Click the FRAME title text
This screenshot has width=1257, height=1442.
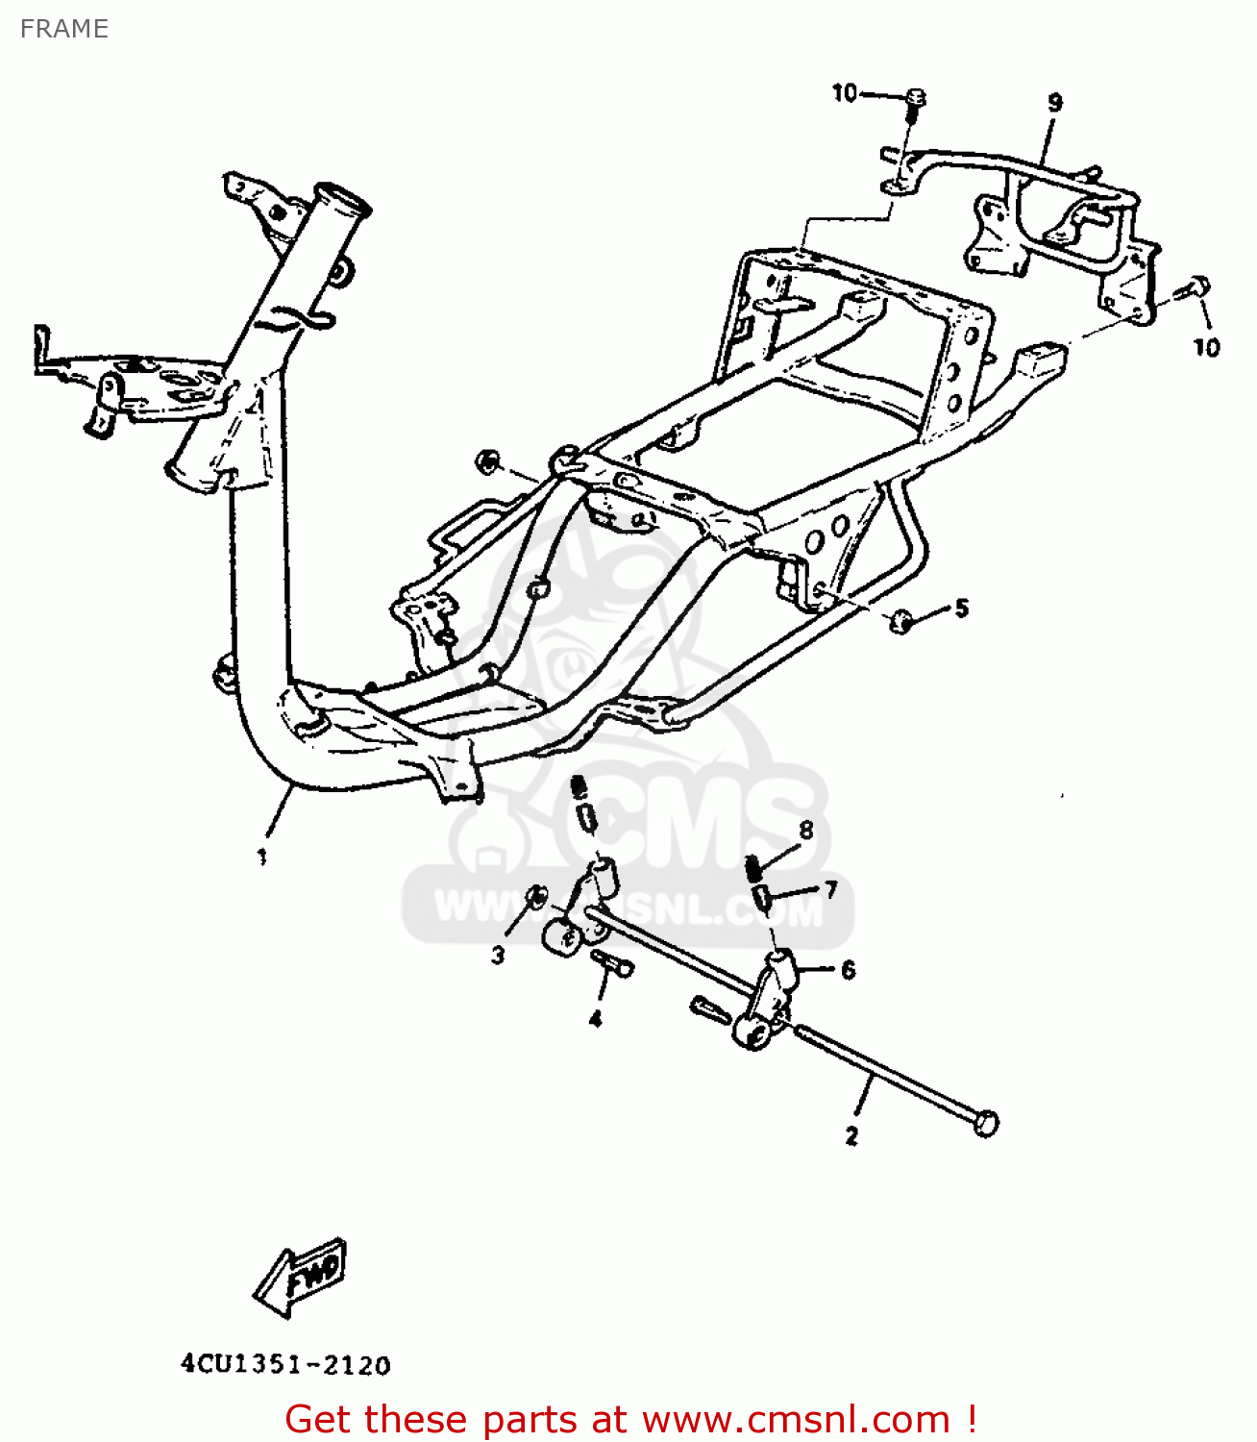click(x=64, y=29)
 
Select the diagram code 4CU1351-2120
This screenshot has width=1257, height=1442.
click(x=286, y=1365)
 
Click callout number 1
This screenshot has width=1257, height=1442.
click(x=262, y=857)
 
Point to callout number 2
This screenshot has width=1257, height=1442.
click(x=851, y=1136)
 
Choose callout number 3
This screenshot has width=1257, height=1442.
click(x=498, y=956)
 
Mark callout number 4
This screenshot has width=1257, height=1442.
click(x=596, y=1019)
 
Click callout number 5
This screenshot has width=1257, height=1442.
click(x=962, y=609)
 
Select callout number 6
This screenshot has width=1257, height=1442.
click(x=849, y=970)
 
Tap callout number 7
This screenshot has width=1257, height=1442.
click(x=831, y=890)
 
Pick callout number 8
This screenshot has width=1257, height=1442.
click(x=806, y=831)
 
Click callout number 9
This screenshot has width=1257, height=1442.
click(x=1055, y=103)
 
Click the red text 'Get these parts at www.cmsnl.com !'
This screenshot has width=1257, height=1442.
click(x=630, y=1418)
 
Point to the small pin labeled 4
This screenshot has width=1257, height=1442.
click(x=612, y=963)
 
